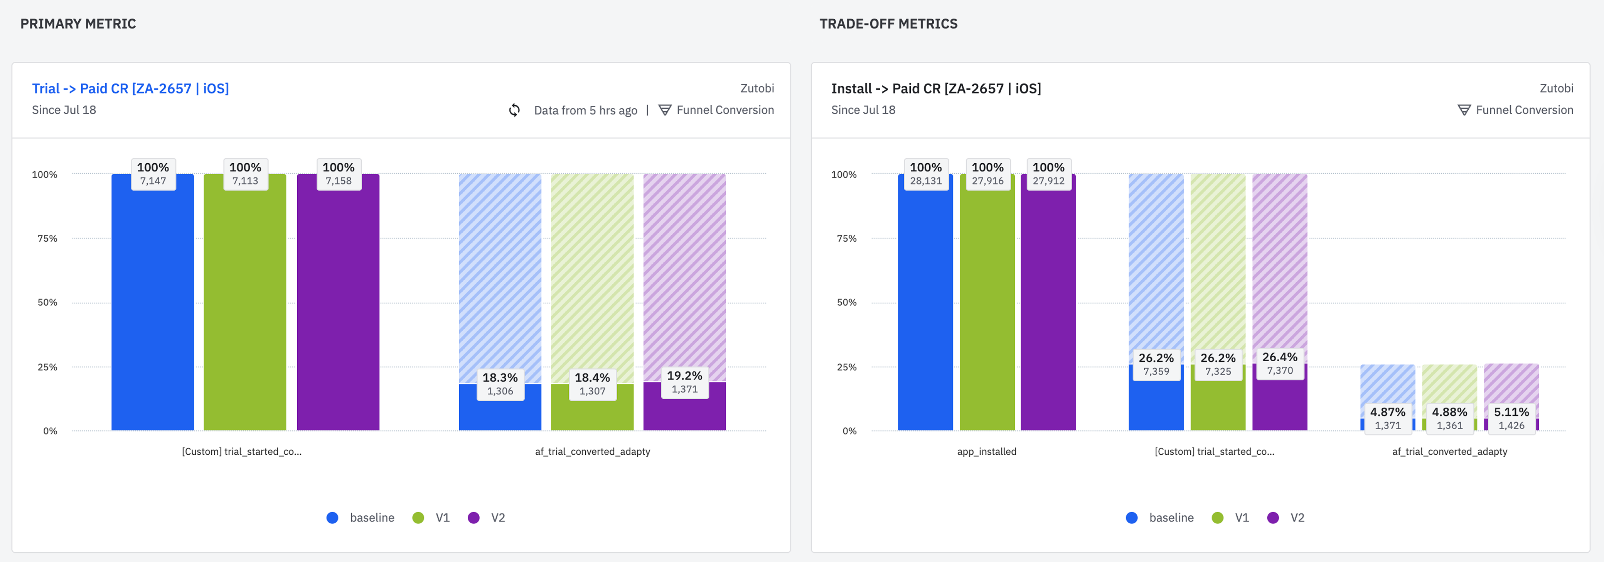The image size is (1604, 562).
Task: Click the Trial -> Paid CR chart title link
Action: [130, 88]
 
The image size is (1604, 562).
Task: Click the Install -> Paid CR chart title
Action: [935, 88]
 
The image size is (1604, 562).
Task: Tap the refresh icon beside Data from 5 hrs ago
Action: [514, 110]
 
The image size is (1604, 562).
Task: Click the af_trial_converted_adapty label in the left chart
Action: [592, 452]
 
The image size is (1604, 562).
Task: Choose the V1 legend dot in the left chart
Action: [418, 518]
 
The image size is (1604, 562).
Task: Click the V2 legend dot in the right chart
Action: [1273, 518]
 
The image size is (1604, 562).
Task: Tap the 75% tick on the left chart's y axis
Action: [47, 239]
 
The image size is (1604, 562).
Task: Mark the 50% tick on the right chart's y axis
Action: [846, 303]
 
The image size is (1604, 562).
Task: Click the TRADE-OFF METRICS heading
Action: [888, 24]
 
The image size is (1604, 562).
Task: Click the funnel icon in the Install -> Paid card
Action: [1464, 110]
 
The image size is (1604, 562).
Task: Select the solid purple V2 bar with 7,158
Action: [338, 311]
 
